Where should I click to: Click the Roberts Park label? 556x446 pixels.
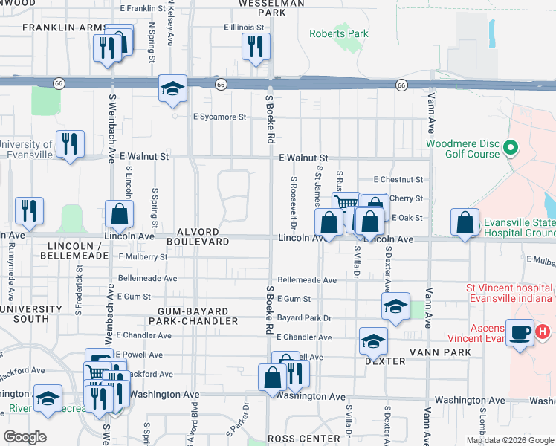339,33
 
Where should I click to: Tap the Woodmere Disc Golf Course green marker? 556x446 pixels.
511,147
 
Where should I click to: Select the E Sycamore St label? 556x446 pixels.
219,117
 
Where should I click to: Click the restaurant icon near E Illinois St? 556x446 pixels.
255,47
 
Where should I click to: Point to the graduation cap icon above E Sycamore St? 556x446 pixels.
172,88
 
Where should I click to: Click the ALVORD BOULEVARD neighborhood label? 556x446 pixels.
198,236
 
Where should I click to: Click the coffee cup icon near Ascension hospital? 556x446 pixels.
520,332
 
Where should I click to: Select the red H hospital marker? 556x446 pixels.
543,332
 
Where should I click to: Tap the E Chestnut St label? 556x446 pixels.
398,180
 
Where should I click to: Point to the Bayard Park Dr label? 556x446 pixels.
303,317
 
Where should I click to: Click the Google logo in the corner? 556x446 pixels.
25,437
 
